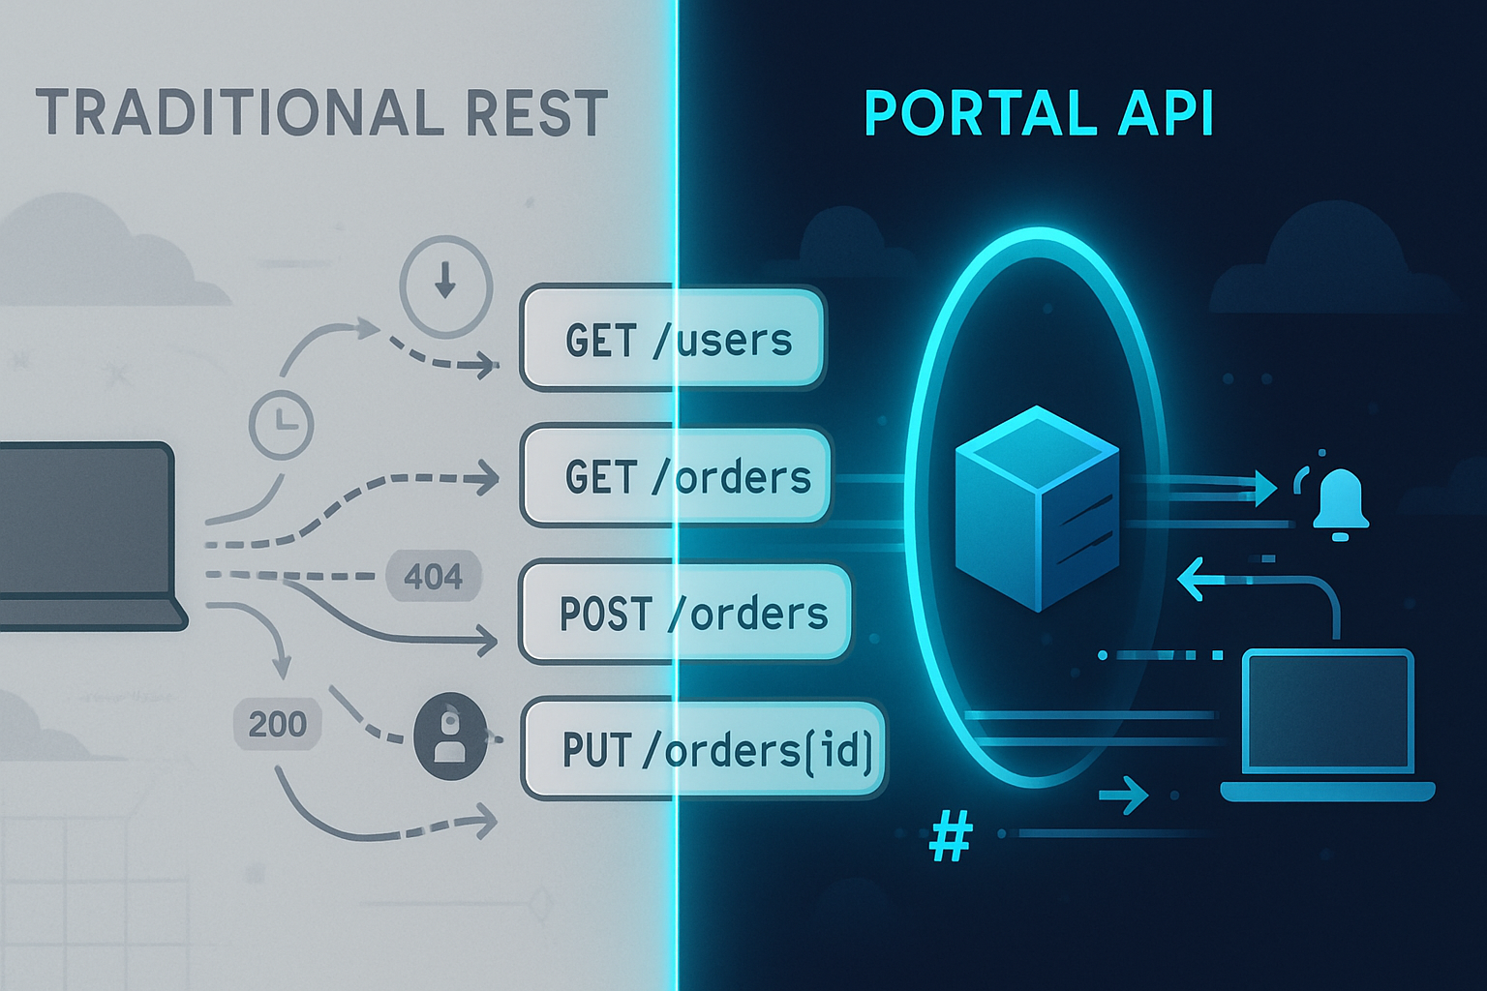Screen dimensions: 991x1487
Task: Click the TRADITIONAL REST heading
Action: click(x=321, y=113)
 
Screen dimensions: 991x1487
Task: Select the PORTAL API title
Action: click(x=1038, y=113)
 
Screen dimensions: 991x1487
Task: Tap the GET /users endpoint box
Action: click(x=673, y=339)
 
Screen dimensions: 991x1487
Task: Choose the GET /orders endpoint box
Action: click(x=677, y=476)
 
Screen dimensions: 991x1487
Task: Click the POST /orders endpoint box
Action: click(x=685, y=614)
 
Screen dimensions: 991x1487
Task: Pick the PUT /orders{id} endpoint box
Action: click(x=704, y=750)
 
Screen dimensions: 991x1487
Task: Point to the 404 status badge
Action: click(x=433, y=577)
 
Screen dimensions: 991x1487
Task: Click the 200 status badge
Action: click(x=277, y=724)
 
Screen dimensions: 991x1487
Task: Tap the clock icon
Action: click(x=281, y=424)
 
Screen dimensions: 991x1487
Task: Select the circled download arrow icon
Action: click(x=445, y=286)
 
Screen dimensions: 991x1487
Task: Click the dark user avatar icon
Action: click(x=449, y=736)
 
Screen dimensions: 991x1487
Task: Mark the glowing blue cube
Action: click(x=1037, y=508)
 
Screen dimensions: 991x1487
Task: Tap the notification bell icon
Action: click(x=1340, y=501)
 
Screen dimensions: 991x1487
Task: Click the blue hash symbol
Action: click(x=950, y=837)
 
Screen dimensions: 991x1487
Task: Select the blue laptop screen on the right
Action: click(x=1327, y=711)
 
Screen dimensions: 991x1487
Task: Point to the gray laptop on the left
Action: click(x=87, y=537)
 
